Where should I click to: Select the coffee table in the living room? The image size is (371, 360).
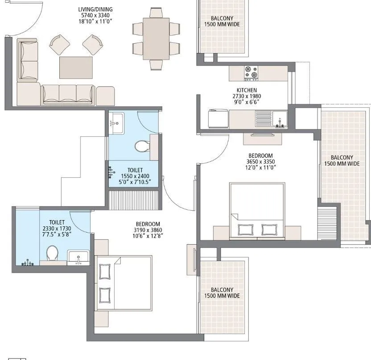pos(76,67)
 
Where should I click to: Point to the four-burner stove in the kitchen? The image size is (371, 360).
pos(250,73)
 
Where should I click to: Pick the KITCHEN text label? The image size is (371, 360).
pos(247,90)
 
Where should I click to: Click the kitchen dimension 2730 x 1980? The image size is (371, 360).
pos(247,96)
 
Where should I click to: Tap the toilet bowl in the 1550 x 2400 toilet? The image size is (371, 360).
pos(141,146)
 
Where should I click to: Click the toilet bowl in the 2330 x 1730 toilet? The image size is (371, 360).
pos(53,253)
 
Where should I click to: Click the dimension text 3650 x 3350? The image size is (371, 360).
pos(262,161)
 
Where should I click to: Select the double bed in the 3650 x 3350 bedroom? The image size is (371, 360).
pos(257,210)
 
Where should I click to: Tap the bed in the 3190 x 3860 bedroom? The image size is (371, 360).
pos(124,282)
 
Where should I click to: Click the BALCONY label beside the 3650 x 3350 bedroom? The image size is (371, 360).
pos(342,158)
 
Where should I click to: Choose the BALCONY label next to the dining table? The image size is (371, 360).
pos(222,18)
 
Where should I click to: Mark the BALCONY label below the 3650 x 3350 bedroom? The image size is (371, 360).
pos(222,290)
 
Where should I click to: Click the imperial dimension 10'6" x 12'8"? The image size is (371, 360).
pos(148,236)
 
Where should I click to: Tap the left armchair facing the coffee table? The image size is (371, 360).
pos(60,45)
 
